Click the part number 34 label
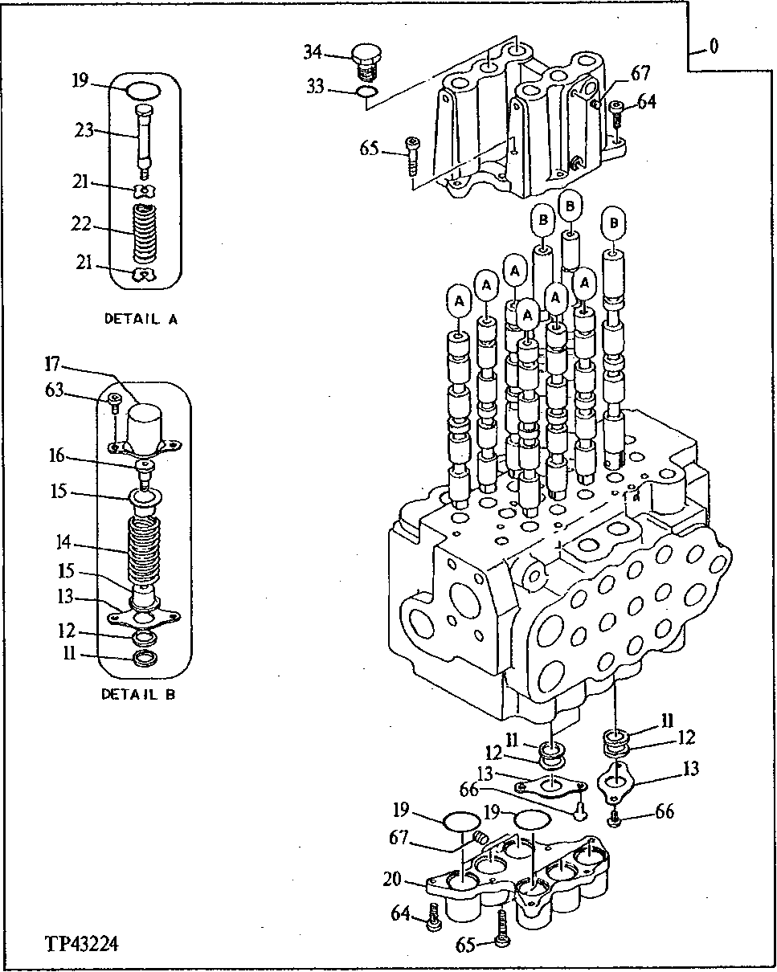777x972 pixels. coord(313,53)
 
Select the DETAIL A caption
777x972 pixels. coord(141,319)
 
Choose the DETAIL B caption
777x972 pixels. coord(138,694)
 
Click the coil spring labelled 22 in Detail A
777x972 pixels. coord(145,232)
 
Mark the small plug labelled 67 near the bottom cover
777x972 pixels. coord(481,839)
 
